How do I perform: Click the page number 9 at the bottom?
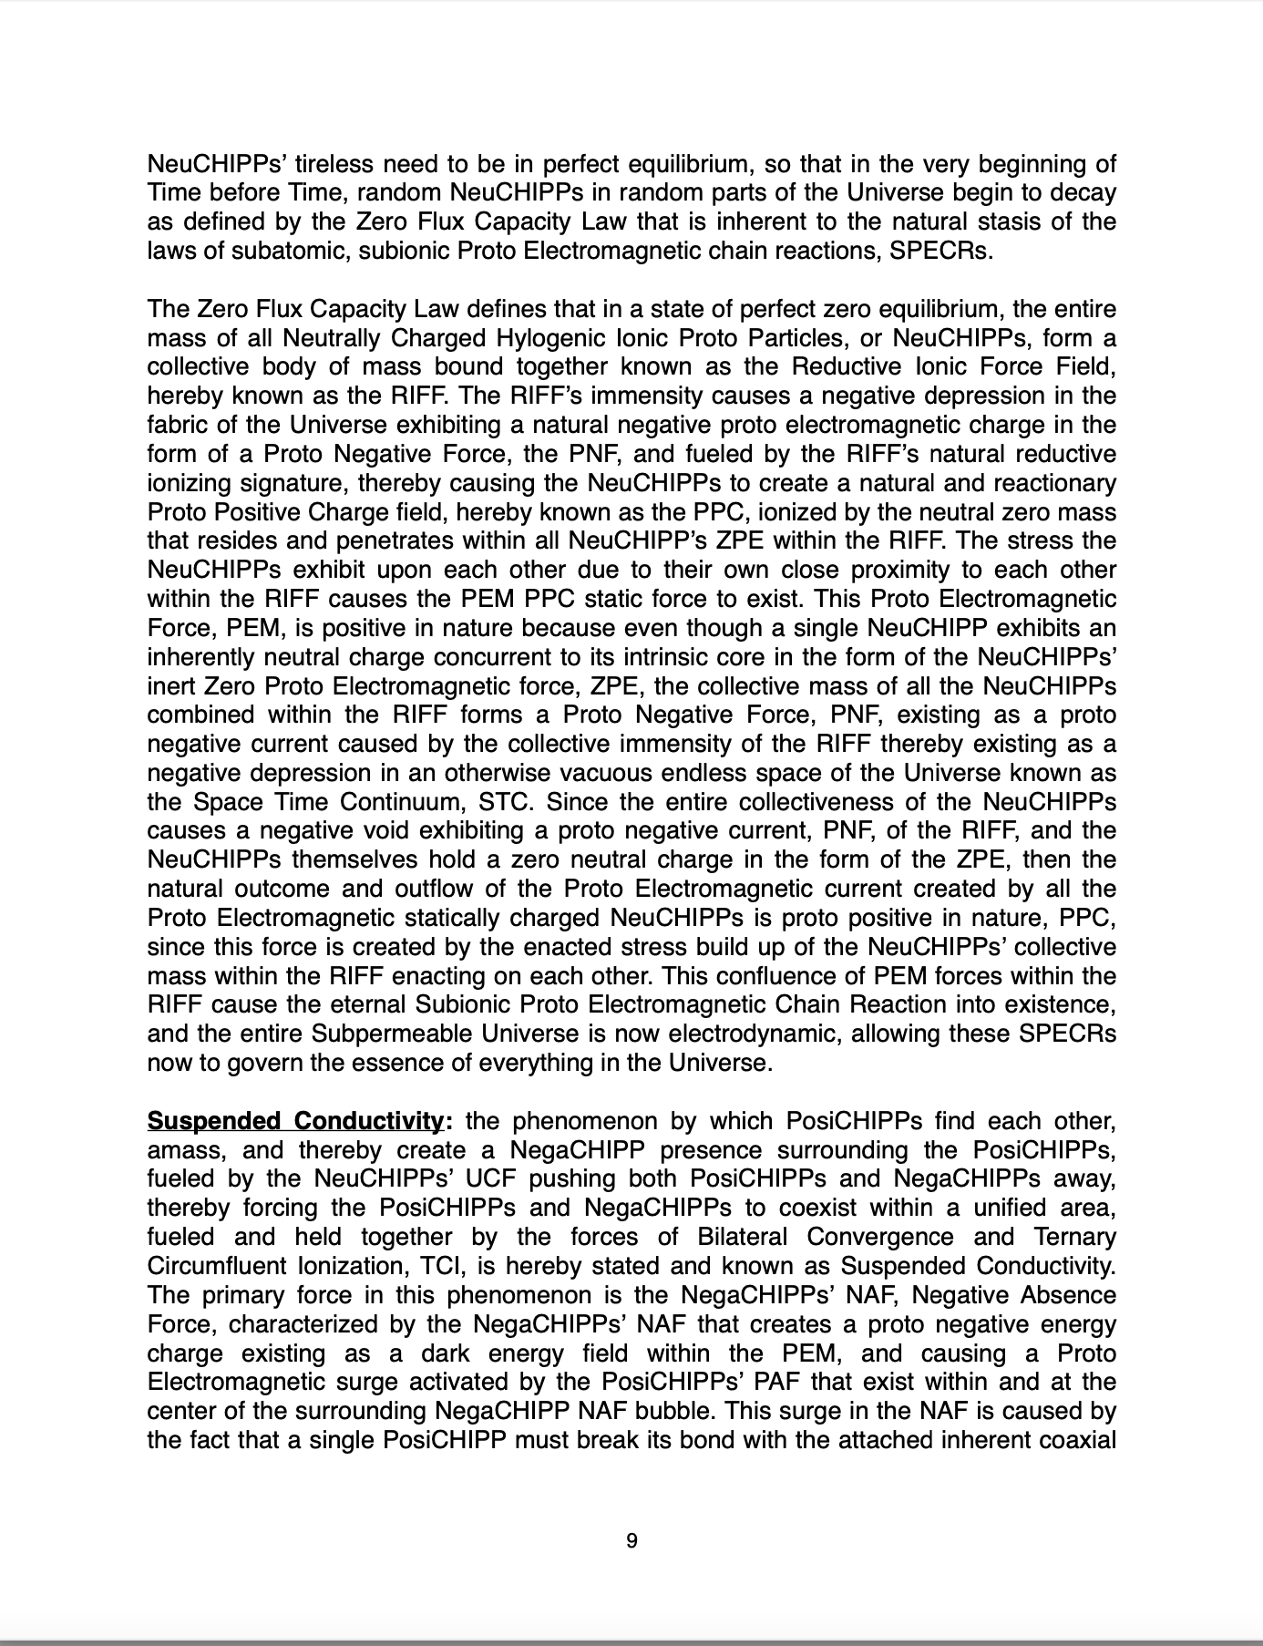pyautogui.click(x=631, y=1541)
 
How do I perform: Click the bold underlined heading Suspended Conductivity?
pyautogui.click(x=294, y=1120)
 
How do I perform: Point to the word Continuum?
pyautogui.click(x=406, y=802)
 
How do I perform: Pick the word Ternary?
pyautogui.click(x=1075, y=1237)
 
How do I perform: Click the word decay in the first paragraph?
pyautogui.click(x=1083, y=193)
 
